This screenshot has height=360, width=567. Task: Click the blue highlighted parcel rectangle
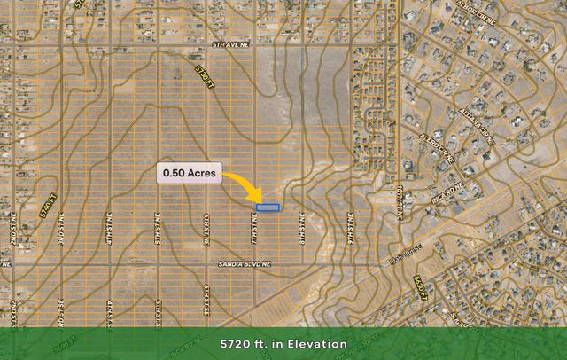pyautogui.click(x=268, y=207)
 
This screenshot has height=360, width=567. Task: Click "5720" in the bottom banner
pyautogui.click(x=237, y=344)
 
